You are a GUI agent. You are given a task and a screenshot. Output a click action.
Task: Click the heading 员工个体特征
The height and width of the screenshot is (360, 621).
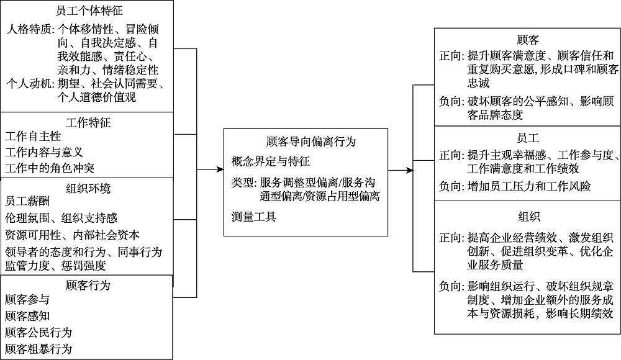click(87, 11)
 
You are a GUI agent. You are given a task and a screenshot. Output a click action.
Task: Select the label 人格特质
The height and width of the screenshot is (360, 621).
click(29, 29)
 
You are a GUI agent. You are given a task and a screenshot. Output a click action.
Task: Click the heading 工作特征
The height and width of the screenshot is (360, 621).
click(88, 122)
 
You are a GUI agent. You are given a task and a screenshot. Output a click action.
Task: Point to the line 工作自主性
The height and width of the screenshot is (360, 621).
click(33, 137)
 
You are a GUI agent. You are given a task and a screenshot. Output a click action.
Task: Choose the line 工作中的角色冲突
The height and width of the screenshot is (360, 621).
click(50, 168)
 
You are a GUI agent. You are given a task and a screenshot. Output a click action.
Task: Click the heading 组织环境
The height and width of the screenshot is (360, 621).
click(88, 188)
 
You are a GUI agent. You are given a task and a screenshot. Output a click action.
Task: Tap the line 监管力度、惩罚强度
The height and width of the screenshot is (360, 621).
click(55, 266)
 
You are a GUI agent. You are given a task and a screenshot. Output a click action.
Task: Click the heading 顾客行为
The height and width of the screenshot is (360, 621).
click(88, 286)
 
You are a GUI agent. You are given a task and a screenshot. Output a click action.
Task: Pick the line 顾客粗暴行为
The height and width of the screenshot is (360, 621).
click(39, 348)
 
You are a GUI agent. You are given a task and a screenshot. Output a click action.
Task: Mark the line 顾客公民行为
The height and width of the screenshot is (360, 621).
click(39, 332)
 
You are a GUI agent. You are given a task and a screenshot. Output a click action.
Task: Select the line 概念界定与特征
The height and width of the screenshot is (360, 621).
click(270, 162)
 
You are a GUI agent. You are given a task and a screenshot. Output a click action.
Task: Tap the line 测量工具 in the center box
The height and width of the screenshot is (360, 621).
click(253, 217)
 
